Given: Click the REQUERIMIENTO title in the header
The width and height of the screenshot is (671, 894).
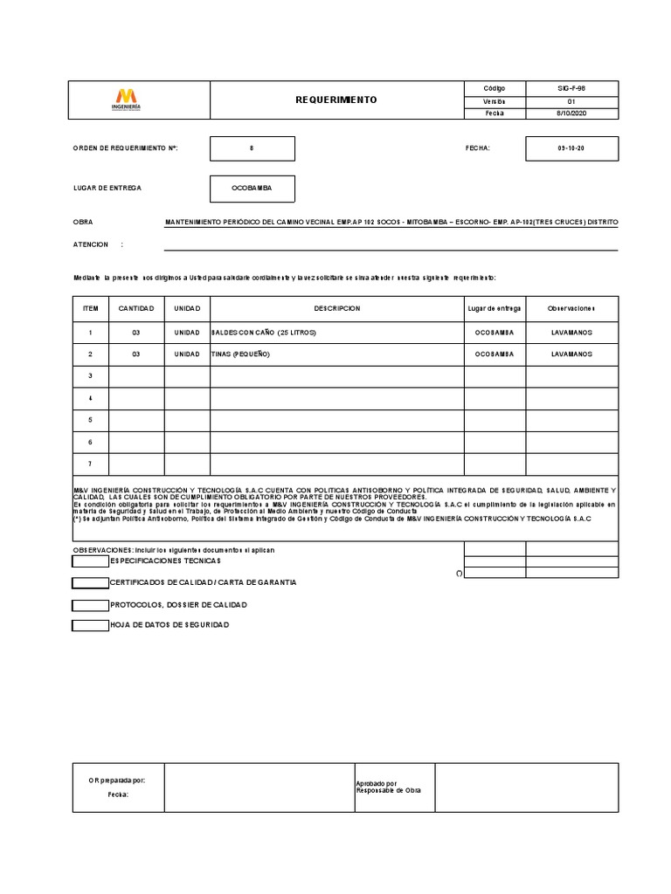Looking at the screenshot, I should pyautogui.click(x=336, y=100).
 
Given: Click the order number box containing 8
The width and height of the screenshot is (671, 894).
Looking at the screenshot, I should pyautogui.click(x=252, y=148).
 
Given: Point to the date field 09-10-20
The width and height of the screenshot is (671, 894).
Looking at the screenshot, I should pyautogui.click(x=571, y=148).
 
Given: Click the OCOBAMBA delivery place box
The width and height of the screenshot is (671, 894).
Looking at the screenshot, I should pyautogui.click(x=252, y=188).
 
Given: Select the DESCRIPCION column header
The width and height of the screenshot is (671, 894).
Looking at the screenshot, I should pyautogui.click(x=336, y=309).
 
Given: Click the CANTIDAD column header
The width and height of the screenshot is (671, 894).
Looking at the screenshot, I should pyautogui.click(x=136, y=309).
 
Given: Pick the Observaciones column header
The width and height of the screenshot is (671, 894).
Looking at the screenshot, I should pyautogui.click(x=571, y=309).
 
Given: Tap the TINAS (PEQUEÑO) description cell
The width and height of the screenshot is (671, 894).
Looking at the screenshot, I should pyautogui.click(x=241, y=354).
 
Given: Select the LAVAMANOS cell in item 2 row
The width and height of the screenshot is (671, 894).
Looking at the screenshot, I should pyautogui.click(x=571, y=354).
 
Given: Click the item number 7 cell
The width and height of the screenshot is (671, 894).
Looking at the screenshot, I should pyautogui.click(x=90, y=464).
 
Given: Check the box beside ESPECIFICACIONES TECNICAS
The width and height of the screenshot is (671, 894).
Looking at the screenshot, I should pyautogui.click(x=90, y=560).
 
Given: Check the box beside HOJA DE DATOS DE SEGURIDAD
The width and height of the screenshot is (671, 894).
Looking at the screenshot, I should pyautogui.click(x=90, y=625).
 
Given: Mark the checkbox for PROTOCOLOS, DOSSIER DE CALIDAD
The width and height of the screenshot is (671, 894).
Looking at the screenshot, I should pyautogui.click(x=90, y=604).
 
